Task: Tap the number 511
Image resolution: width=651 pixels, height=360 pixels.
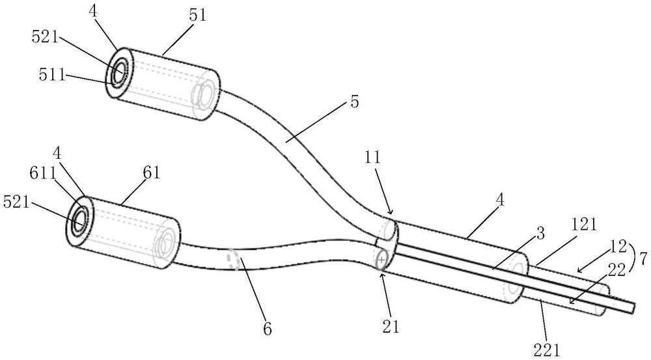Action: point(52,74)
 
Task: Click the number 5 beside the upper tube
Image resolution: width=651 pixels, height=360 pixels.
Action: point(354,102)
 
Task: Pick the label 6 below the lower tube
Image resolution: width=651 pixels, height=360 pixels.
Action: point(268,329)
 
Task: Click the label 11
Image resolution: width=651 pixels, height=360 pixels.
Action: point(373,158)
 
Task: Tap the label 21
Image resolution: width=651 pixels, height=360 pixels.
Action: point(390,326)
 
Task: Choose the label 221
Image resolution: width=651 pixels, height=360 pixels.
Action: point(547,352)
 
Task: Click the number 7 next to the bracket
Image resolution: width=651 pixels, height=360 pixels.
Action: point(643,259)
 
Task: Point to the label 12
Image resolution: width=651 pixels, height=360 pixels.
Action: point(618,246)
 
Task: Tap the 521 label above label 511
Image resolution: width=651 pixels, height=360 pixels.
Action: point(45,37)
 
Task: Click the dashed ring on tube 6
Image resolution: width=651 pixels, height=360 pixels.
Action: point(232,260)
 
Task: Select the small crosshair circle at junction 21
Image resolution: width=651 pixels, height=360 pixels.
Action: point(381,260)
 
